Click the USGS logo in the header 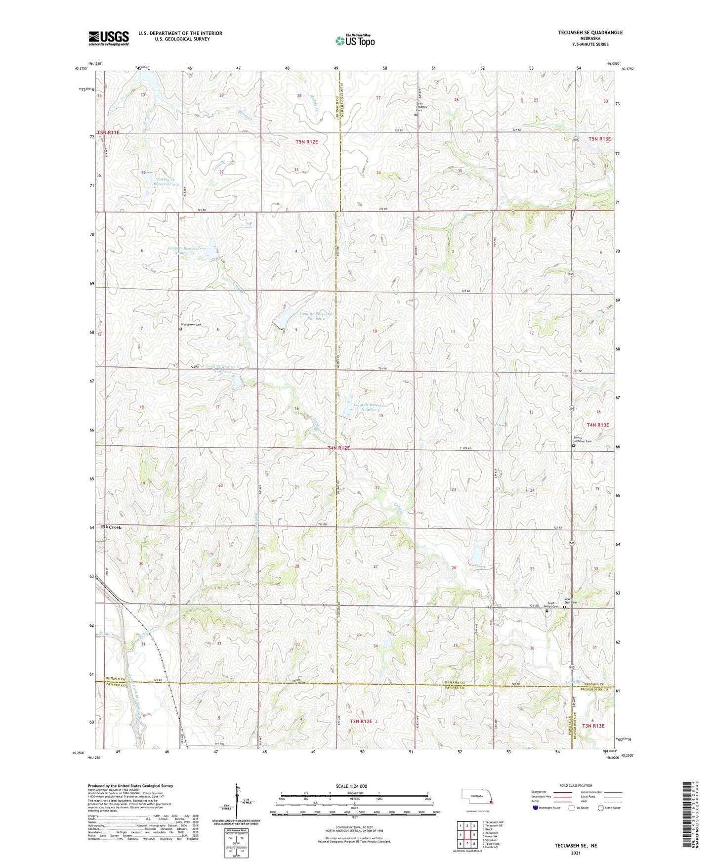(x=109, y=38)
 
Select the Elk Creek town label (x=111, y=527)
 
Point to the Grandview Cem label (x=192, y=325)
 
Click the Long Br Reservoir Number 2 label (x=316, y=316)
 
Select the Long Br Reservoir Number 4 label (x=370, y=407)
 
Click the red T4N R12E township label (x=338, y=448)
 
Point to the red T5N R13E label (x=599, y=139)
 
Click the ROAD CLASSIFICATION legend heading (x=575, y=785)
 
